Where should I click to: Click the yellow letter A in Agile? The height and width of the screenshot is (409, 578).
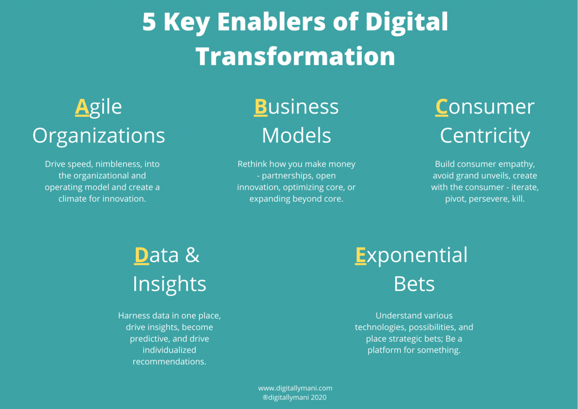point(82,107)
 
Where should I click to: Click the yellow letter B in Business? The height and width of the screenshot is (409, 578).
point(260,107)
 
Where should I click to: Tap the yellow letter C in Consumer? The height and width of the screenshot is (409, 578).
point(441,107)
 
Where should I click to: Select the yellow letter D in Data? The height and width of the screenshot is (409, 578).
point(141,255)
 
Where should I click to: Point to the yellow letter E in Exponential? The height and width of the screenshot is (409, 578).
point(360,255)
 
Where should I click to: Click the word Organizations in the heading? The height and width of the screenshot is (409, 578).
point(99,136)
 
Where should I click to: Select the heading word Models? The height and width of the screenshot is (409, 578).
point(296,136)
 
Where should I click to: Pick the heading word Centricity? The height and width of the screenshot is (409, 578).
point(485,136)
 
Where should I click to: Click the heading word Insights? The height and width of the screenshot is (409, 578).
point(169,284)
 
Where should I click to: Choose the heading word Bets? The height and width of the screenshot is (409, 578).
point(414,284)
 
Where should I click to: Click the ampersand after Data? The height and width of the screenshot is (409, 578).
point(192,255)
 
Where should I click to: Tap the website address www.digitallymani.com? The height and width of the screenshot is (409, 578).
point(295,388)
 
